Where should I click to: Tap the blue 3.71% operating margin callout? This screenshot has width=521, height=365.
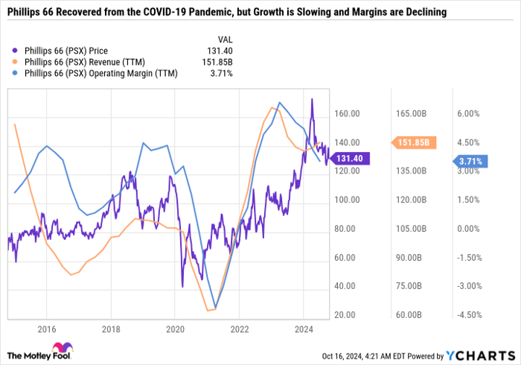click(470, 160)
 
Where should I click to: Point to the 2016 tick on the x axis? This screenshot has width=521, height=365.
click(47, 328)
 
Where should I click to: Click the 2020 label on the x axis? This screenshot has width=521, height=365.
click(175, 328)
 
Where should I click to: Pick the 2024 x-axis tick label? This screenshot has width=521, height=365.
click(303, 328)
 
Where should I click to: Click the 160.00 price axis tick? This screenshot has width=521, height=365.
click(347, 114)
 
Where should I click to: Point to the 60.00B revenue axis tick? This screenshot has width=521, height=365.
click(409, 315)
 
